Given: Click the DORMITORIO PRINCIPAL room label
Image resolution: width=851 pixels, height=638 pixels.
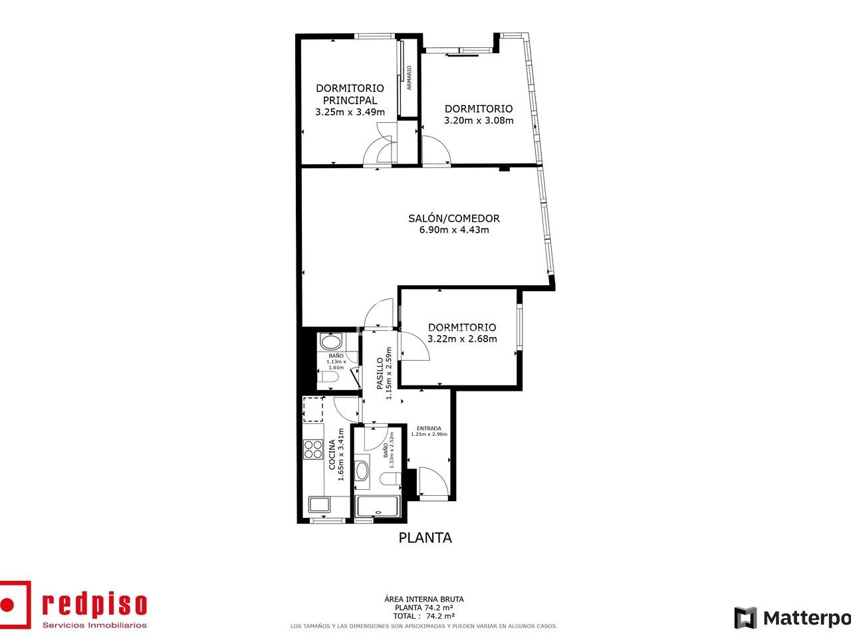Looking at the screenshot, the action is pyautogui.click(x=350, y=94).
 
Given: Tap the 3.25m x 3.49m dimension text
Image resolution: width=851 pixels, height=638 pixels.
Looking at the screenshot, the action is pyautogui.click(x=350, y=112).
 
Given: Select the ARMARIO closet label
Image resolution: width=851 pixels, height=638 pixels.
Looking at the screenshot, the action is pyautogui.click(x=409, y=78).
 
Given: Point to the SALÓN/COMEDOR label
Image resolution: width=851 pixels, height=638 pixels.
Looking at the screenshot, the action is pyautogui.click(x=454, y=218).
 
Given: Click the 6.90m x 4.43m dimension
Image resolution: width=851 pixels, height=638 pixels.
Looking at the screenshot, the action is pyautogui.click(x=454, y=230).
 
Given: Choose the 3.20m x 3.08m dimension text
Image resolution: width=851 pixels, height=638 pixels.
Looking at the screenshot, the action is pyautogui.click(x=479, y=120).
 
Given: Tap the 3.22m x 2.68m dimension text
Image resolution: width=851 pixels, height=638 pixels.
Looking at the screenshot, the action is pyautogui.click(x=462, y=339).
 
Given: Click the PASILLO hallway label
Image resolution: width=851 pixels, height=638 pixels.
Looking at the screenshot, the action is pyautogui.click(x=380, y=373).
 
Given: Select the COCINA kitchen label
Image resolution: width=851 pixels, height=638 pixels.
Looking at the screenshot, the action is pyautogui.click(x=332, y=455).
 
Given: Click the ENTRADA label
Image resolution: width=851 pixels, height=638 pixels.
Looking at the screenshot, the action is pyautogui.click(x=429, y=429).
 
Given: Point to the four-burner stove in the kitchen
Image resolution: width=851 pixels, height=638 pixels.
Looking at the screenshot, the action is pyautogui.click(x=313, y=449).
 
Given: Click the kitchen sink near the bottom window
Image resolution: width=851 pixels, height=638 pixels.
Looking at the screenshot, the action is pyautogui.click(x=320, y=504).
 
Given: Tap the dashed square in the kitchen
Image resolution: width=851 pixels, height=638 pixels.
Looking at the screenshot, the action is pyautogui.click(x=313, y=409).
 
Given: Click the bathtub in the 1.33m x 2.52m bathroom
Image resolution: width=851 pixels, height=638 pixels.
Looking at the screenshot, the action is pyautogui.click(x=377, y=506).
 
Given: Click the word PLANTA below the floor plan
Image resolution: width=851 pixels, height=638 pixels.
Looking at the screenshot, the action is pyautogui.click(x=425, y=538).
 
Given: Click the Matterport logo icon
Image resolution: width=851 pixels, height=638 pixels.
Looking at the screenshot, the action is pyautogui.click(x=745, y=617).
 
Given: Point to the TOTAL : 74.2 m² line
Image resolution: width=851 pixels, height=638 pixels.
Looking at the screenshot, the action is pyautogui.click(x=424, y=616).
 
